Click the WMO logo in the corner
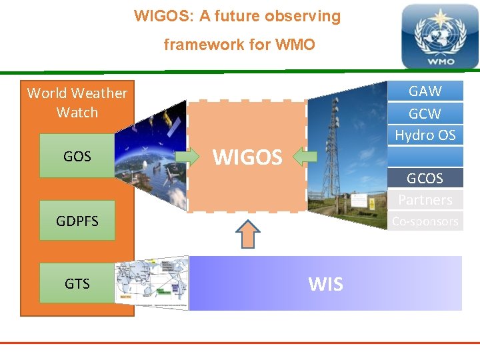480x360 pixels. pyautogui.click(x=439, y=36)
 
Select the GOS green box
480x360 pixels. pyautogui.click(x=77, y=156)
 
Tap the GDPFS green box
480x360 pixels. pyautogui.click(x=77, y=221)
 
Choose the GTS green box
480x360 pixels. pyautogui.click(x=77, y=283)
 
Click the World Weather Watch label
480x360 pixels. pyautogui.click(x=77, y=103)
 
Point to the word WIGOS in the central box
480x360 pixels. pyautogui.click(x=247, y=157)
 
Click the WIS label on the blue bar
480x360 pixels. pyautogui.click(x=325, y=284)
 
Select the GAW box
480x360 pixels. pyautogui.click(x=425, y=91)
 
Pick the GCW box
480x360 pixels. pyautogui.click(x=425, y=113)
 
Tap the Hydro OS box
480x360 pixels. pyautogui.click(x=425, y=135)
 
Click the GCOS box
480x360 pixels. pyautogui.click(x=425, y=178)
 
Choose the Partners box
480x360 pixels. pyautogui.click(x=425, y=199)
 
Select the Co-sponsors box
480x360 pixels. pyautogui.click(x=425, y=221)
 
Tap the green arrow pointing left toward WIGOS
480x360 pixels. pyautogui.click(x=305, y=157)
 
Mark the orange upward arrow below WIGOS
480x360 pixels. pyautogui.click(x=248, y=234)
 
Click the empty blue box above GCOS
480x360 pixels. pyautogui.click(x=425, y=157)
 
